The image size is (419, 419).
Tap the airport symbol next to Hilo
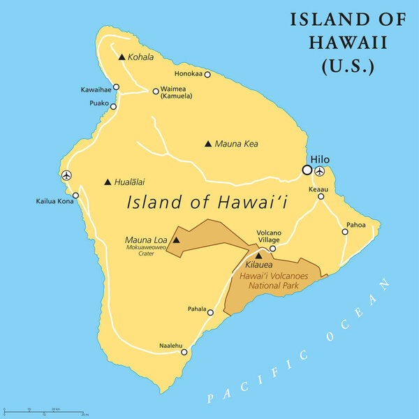point(320,170)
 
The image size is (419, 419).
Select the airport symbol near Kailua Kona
point(66,175)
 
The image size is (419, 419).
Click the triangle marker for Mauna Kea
point(207,144)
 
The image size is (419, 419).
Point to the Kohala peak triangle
point(122,57)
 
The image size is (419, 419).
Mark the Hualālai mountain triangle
point(107,182)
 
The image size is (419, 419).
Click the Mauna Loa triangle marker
point(176,241)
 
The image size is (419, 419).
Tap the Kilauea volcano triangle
point(259,256)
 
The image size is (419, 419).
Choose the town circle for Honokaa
point(207,74)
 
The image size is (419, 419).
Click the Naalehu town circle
point(184,352)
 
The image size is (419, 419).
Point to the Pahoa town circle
point(345,232)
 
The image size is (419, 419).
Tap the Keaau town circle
point(321,196)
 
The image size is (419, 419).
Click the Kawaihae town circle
point(117,87)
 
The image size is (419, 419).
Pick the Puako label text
point(99,104)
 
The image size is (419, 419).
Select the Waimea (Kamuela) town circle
point(156,91)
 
